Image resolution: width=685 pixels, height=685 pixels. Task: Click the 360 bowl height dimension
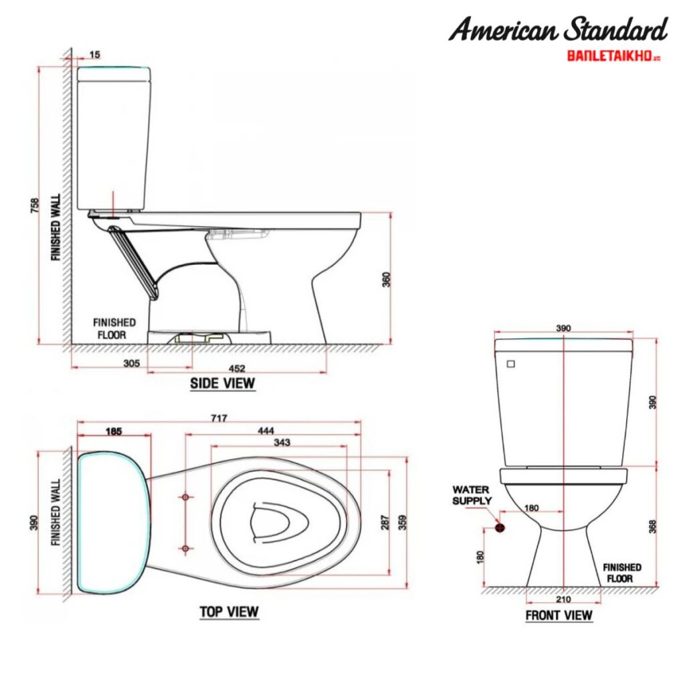pyautogui.click(x=386, y=279)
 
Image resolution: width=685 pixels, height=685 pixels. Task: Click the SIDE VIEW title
pyautogui.click(x=223, y=383)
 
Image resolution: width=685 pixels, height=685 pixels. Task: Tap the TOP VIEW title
pyautogui.click(x=229, y=611)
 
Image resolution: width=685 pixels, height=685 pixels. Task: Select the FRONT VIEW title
pyautogui.click(x=559, y=615)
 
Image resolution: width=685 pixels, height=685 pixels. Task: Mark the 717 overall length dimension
pyautogui.click(x=219, y=419)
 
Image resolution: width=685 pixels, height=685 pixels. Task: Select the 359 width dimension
pyautogui.click(x=402, y=522)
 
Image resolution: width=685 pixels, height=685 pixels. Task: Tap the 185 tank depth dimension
pyautogui.click(x=114, y=432)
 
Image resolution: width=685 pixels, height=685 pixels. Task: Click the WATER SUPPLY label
pyautogui.click(x=472, y=495)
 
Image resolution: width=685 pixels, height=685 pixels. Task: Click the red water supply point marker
pyautogui.click(x=499, y=527)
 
